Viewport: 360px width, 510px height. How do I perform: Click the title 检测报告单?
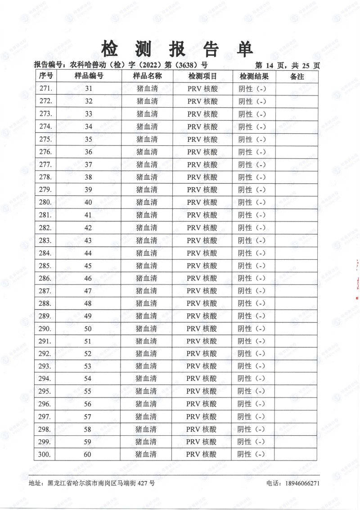(178, 48)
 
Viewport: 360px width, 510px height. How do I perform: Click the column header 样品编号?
(89, 76)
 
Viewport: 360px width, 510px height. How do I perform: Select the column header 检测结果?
(254, 76)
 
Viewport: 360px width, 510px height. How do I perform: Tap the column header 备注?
(297, 76)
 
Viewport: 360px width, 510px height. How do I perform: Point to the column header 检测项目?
(202, 76)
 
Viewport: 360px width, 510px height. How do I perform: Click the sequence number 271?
(46, 89)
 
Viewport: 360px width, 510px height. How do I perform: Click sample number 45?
(88, 265)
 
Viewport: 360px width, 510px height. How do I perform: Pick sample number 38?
(88, 177)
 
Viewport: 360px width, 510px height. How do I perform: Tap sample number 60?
(88, 454)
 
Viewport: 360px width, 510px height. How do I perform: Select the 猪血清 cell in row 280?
(147, 202)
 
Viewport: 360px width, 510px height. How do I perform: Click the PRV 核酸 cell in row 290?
(202, 328)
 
